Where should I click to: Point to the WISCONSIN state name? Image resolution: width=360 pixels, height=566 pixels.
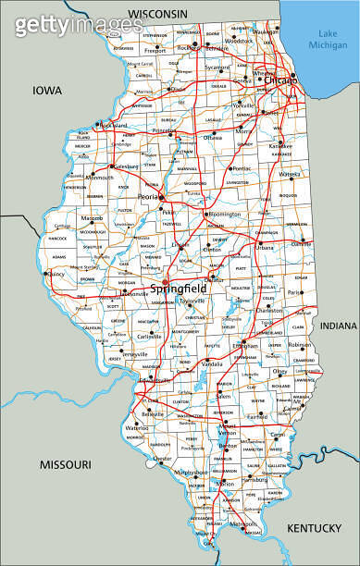pyautogui.click(x=157, y=13)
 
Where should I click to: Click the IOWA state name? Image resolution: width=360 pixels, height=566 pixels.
pyautogui.click(x=47, y=90)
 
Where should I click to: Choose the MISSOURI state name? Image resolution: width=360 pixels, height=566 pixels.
pyautogui.click(x=64, y=463)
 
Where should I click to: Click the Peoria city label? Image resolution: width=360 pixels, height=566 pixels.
pyautogui.click(x=147, y=198)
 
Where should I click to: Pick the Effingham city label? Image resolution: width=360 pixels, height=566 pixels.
pyautogui.click(x=245, y=346)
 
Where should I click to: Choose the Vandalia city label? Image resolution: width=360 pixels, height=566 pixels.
pyautogui.click(x=213, y=364)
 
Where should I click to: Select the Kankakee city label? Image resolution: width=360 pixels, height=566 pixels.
pyautogui.click(x=279, y=146)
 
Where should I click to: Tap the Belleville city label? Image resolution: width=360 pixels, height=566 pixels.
pyautogui.click(x=152, y=415)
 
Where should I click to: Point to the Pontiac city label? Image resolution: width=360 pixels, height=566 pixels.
pyautogui.click(x=241, y=169)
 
